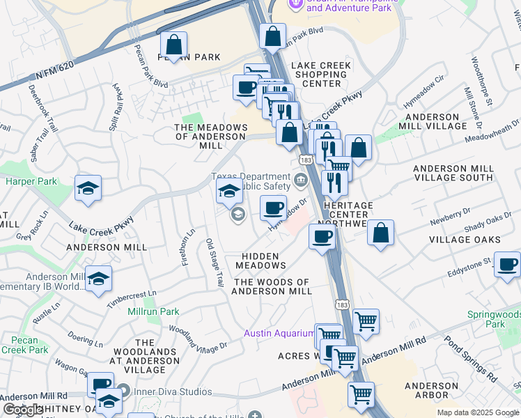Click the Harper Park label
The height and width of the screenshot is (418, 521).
(30, 182)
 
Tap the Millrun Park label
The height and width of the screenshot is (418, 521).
(153, 312)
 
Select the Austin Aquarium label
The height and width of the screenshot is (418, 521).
(278, 333)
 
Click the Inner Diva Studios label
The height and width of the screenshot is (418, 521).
(164, 392)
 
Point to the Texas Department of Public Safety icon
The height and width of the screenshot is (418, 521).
(300, 181)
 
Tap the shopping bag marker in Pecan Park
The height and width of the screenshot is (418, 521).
(173, 46)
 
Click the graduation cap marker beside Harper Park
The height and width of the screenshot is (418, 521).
(88, 189)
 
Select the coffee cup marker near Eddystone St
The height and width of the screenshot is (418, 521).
(507, 265)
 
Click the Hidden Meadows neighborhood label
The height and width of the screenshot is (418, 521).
(260, 261)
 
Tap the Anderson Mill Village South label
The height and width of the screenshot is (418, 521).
(453, 173)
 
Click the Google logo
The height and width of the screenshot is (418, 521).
(22, 410)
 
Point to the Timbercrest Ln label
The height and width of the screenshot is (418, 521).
(132, 300)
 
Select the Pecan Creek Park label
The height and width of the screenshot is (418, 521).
(25, 345)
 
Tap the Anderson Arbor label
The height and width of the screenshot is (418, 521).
(431, 390)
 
